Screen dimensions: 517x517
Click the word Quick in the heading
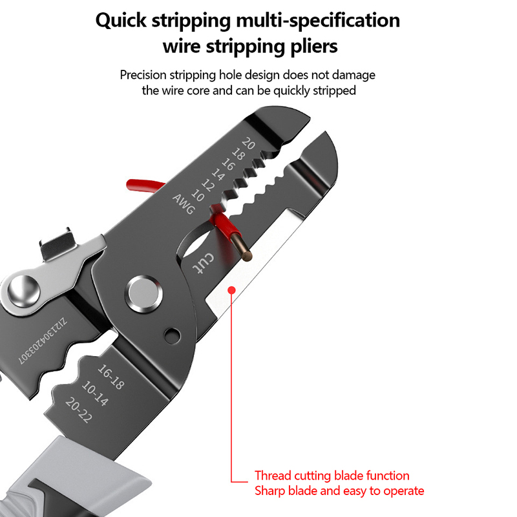[121, 21]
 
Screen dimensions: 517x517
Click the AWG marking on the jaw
[184, 204]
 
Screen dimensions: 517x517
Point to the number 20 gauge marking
[248, 143]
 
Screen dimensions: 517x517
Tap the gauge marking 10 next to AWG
[198, 195]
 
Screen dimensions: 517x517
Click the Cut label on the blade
[203, 264]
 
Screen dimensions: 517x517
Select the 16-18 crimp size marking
[111, 377]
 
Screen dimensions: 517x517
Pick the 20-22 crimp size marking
[79, 410]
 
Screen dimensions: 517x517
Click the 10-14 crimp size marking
[95, 393]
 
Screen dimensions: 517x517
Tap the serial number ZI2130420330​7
[43, 341]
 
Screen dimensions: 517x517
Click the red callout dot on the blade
[232, 290]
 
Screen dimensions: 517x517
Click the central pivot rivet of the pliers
[143, 293]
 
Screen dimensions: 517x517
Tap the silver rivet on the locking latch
[24, 291]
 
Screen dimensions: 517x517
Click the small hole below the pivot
[173, 335]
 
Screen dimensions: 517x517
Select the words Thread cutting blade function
[332, 476]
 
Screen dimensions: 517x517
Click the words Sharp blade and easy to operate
[339, 491]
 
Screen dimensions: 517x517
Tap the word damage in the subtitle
[353, 75]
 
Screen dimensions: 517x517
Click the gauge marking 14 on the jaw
[218, 174]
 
